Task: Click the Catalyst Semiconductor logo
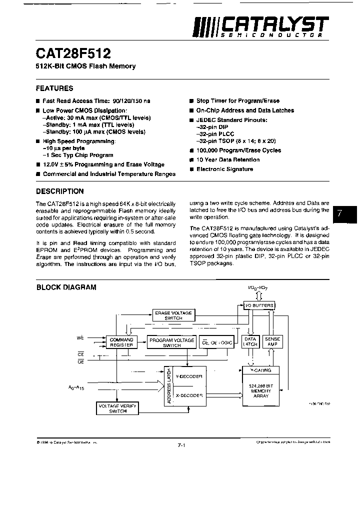pyautogui.click(x=260, y=27)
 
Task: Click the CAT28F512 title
pyautogui.click(x=73, y=53)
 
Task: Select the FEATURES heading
pyautogui.click(x=54, y=88)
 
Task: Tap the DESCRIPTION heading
pyautogui.click(x=60, y=191)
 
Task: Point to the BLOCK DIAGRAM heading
pyautogui.click(x=66, y=287)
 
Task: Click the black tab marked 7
pyautogui.click(x=345, y=213)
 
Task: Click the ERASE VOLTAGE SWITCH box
pyautogui.click(x=173, y=315)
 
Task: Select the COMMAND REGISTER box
pyautogui.click(x=121, y=342)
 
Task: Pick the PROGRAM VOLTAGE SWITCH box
pyautogui.click(x=171, y=342)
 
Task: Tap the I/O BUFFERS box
pyautogui.click(x=258, y=305)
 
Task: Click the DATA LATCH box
pyautogui.click(x=250, y=341)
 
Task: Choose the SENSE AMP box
pyautogui.click(x=272, y=341)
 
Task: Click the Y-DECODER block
pyautogui.click(x=190, y=377)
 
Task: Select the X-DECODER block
pyautogui.click(x=190, y=395)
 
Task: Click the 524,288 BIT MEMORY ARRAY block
pyautogui.click(x=261, y=391)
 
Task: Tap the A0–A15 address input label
pyautogui.click(x=76, y=387)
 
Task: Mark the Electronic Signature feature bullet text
pyautogui.click(x=224, y=169)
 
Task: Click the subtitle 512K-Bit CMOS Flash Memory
pyautogui.click(x=85, y=66)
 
